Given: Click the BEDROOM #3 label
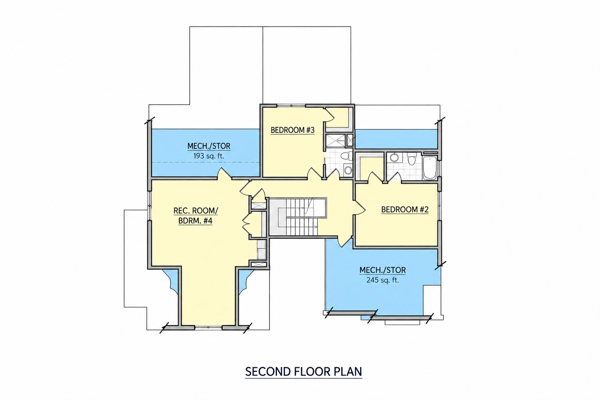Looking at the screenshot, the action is coord(293,130).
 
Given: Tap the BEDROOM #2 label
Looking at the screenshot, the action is coord(405,209).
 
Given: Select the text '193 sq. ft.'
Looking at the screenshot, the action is coord(209,156).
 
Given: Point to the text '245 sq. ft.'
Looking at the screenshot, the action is coord(382,280).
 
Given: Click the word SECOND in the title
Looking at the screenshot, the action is coord(268,372).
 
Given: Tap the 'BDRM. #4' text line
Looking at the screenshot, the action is coord(195,221).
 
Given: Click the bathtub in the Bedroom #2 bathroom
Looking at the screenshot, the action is coord(430,168).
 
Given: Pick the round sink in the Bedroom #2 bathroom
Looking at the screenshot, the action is coord(394,157).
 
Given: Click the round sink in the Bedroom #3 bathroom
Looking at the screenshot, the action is coord(348,170).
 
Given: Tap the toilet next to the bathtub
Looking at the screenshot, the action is coord(411,159).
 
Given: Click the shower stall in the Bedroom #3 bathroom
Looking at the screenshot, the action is coord(335,141).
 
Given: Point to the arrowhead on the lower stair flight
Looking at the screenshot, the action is coord(316,227).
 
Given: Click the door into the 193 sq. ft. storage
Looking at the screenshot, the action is coord(224,173).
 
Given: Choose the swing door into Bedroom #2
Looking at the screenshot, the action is coord(359,207).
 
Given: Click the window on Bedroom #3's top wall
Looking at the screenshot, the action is coord(291,106).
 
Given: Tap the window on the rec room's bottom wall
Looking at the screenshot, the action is coord(208,327).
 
